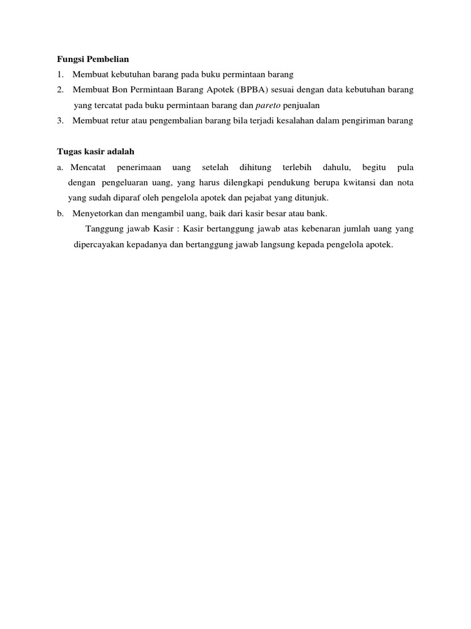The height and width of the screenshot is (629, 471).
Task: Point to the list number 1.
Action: point(60,74)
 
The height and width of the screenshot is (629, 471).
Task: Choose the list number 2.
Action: point(60,90)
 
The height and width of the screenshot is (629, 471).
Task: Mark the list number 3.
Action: point(60,120)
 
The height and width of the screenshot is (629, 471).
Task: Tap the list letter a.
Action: point(60,167)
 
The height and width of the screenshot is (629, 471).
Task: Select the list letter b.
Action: point(60,214)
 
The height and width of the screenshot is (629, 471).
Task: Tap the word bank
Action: point(318,214)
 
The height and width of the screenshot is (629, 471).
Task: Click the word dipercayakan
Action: point(102,244)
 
